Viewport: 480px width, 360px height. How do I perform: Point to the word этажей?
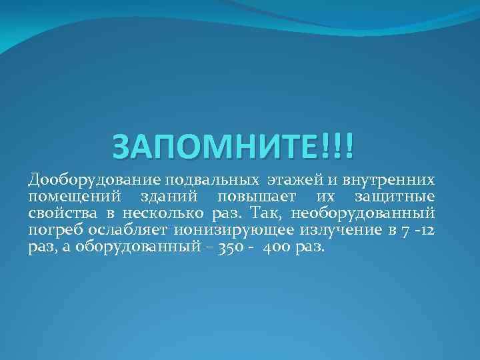point(293,180)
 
